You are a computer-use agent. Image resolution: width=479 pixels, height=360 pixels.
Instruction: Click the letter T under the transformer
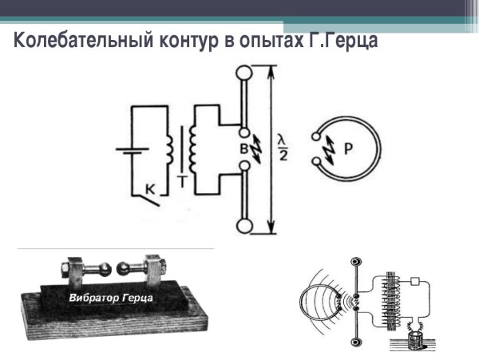183,182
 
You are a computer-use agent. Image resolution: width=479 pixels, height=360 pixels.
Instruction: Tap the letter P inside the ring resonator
349,148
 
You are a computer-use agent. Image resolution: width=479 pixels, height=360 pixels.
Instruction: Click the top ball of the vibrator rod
243,73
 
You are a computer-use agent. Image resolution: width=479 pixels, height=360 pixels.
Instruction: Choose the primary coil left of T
169,148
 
